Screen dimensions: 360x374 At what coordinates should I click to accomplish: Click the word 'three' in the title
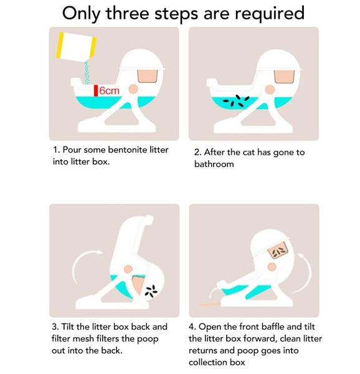[128, 13]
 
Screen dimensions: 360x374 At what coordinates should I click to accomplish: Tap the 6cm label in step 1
[109, 90]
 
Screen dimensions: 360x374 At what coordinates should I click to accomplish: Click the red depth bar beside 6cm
[96, 90]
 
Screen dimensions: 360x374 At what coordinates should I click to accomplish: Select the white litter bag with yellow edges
[76, 47]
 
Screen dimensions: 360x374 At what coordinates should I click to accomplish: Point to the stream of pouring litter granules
[87, 72]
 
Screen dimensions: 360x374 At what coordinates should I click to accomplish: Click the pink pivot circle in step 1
[133, 89]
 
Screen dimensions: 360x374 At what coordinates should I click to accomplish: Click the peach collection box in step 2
[284, 76]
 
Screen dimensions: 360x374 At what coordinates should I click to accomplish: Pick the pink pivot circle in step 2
[270, 90]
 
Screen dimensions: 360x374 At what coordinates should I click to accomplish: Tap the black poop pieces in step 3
[151, 291]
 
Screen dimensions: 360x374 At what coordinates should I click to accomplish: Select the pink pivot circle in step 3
[128, 269]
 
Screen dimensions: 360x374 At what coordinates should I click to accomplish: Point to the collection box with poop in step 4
[278, 251]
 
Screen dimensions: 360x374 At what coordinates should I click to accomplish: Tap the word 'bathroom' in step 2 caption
[214, 164]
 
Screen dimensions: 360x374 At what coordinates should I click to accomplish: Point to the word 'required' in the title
[270, 14]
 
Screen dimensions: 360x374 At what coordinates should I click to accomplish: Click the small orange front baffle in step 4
[210, 304]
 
